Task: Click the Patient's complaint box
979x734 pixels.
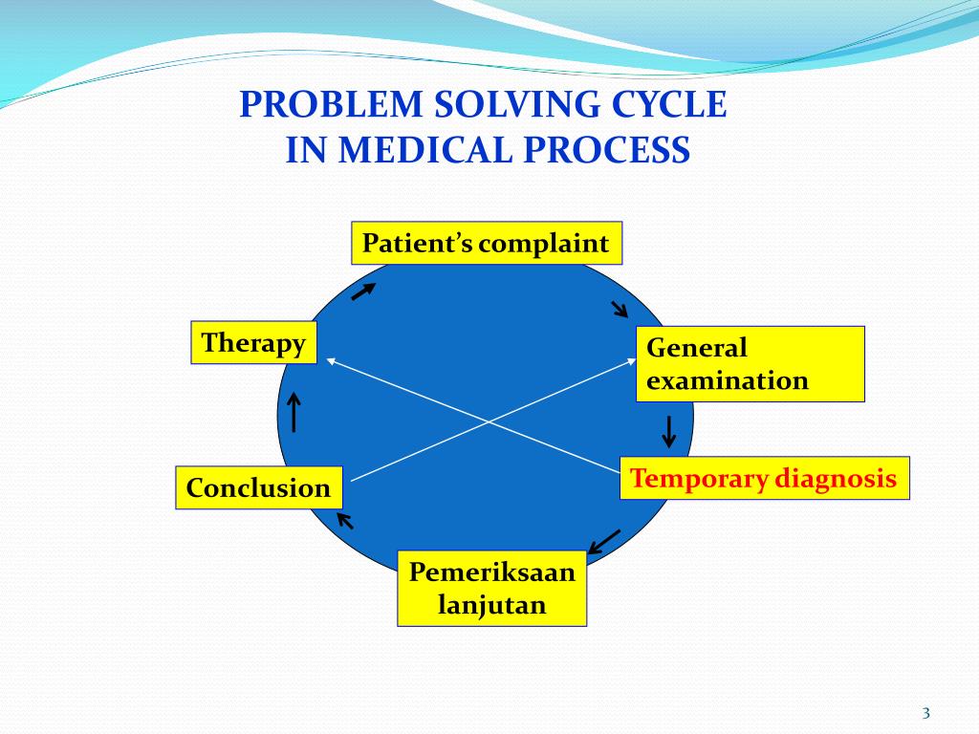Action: coord(487,244)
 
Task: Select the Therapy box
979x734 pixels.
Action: coord(254,343)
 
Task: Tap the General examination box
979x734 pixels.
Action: coord(750,364)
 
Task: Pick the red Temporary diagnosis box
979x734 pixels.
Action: coord(764,479)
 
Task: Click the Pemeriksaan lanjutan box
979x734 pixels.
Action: coord(492,589)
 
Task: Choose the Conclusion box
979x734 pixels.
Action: coord(259,488)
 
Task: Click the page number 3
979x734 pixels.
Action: coord(925,713)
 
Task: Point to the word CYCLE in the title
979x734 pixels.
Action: coord(677,104)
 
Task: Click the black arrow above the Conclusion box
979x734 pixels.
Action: coord(294,413)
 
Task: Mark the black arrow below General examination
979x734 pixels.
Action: coord(669,431)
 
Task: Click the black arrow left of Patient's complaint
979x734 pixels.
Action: coord(363,291)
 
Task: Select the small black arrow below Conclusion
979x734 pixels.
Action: coord(344,520)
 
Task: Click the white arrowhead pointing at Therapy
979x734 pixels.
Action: coord(330,360)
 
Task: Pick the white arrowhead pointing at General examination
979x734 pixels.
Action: coord(631,360)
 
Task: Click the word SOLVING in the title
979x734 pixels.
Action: coord(518,104)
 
